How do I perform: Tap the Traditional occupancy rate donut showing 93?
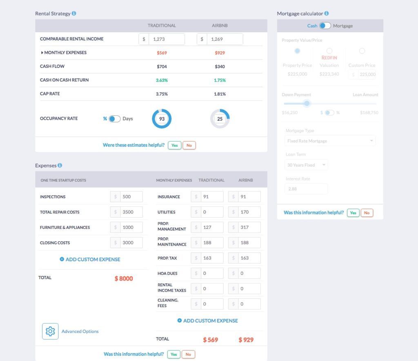[x=162, y=119]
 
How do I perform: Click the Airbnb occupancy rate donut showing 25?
[x=220, y=119]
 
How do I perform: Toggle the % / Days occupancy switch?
[x=115, y=119]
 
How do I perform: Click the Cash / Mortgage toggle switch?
[x=325, y=26]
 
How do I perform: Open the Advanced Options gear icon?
[x=50, y=331]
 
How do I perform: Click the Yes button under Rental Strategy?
[x=174, y=145]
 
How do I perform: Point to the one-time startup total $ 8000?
[x=124, y=279]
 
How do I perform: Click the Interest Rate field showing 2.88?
[x=306, y=189]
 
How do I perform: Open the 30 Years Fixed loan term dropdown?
[x=306, y=165]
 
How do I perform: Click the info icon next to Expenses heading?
[x=60, y=165]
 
